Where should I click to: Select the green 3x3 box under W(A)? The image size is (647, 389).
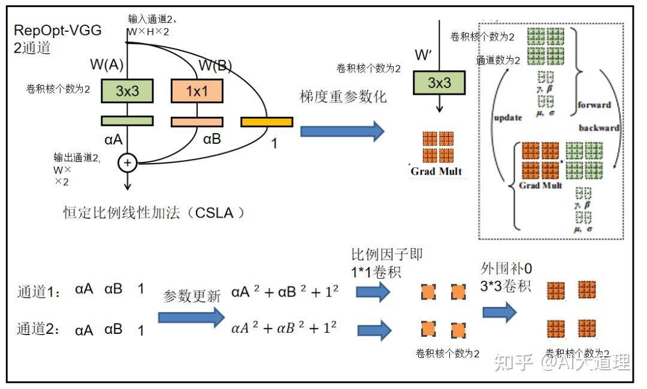127,91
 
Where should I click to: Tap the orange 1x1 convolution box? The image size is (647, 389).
197,91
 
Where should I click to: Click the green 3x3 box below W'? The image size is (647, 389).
439,83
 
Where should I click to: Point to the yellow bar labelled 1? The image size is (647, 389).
267,122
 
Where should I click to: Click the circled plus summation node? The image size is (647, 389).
127,162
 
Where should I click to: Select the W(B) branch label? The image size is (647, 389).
215,65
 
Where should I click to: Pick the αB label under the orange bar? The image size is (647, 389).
212,140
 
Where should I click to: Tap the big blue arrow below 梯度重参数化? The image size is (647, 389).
341,131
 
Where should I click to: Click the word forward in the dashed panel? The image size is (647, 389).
594,105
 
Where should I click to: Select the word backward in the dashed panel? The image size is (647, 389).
598,128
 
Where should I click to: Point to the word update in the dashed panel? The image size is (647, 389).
507,117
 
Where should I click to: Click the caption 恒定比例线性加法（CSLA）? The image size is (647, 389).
154,213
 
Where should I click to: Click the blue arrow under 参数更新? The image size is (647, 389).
191,317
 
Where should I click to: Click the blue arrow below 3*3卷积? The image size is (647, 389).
500,312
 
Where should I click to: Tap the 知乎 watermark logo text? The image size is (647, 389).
513,362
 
